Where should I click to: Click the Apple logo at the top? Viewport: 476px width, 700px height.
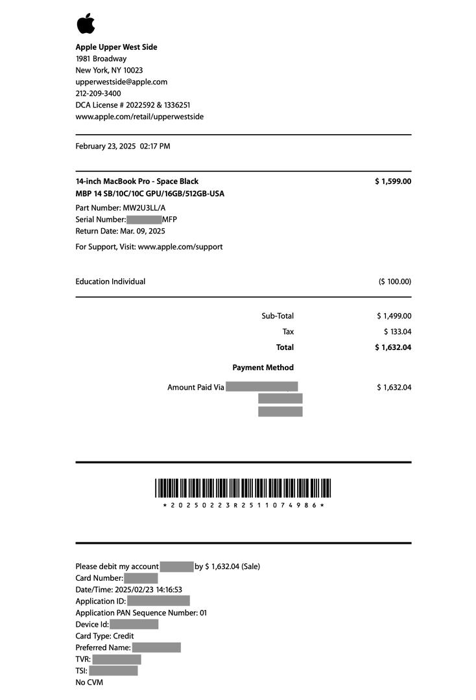point(86,23)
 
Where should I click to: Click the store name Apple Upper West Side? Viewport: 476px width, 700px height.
point(116,47)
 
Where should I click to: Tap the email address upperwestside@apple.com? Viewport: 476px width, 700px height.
point(121,82)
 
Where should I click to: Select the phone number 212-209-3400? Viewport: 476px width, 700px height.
point(98,94)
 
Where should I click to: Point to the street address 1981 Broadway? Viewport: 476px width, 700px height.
point(101,59)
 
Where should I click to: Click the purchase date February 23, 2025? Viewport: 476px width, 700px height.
point(106,146)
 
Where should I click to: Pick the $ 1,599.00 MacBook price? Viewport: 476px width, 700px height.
point(393,181)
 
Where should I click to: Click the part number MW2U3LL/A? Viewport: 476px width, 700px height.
point(145,208)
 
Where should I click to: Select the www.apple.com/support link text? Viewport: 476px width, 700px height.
point(180,247)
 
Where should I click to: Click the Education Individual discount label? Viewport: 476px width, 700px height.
point(110,282)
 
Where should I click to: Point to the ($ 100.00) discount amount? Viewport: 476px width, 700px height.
point(395,282)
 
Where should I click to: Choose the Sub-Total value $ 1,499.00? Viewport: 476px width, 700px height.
point(394,316)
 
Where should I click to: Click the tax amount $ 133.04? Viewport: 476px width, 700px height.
point(398,332)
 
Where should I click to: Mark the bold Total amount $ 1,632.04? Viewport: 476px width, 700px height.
point(393,347)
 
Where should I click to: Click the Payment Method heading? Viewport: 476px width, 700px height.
point(263,367)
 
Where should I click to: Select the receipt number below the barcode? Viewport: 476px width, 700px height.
point(243,505)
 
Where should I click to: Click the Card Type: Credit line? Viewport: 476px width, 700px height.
point(104,636)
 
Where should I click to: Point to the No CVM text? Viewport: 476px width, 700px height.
point(89,682)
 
